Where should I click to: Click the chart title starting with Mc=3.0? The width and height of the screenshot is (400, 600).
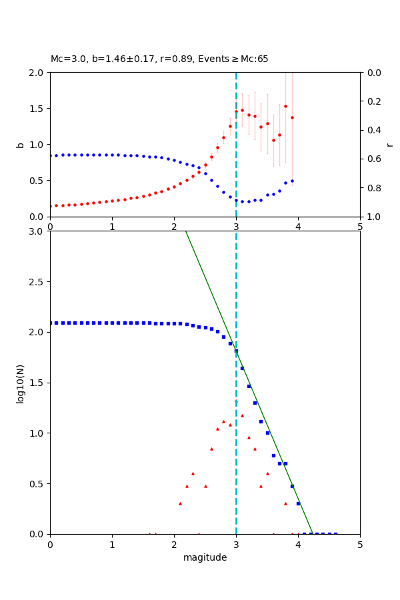[x=159, y=59]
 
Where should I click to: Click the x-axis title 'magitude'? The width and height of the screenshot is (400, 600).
[x=205, y=557]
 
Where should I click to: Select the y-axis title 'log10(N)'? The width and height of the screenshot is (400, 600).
[x=20, y=383]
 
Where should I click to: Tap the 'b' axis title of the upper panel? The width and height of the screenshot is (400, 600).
[x=20, y=144]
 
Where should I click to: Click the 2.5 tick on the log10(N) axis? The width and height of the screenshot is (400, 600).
[x=37, y=282]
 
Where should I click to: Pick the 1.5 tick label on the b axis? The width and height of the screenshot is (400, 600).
[x=37, y=109]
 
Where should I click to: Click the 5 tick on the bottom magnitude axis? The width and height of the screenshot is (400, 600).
[x=360, y=544]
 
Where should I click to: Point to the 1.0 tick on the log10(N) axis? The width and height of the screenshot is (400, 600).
[x=37, y=433]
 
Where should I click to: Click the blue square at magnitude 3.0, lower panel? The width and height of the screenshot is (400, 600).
[x=236, y=351]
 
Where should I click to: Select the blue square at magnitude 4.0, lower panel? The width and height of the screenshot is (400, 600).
[x=298, y=503]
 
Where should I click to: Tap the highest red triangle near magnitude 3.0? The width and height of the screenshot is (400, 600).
[x=236, y=401]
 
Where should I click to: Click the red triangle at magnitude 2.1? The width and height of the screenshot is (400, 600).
[x=180, y=503]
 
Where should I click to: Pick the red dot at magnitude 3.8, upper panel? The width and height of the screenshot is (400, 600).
[x=285, y=106]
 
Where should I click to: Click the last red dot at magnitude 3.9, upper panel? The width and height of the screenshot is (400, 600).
[x=292, y=117]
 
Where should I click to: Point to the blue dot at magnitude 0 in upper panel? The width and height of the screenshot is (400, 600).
[x=50, y=156]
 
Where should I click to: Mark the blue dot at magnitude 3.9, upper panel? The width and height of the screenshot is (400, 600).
[x=292, y=181]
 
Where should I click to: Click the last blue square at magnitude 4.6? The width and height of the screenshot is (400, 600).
[x=335, y=533]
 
